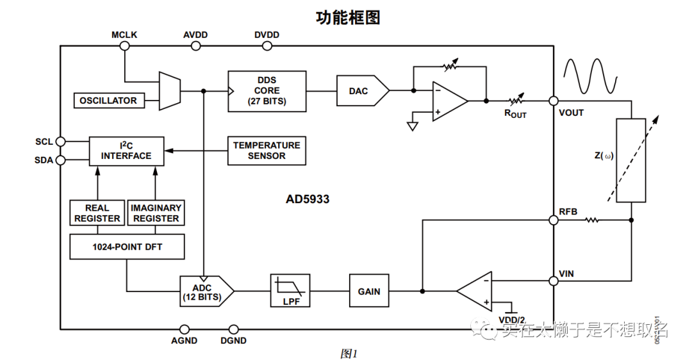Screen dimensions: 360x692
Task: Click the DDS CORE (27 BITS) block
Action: coord(267,91)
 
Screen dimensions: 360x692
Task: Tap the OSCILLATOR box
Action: coord(108,101)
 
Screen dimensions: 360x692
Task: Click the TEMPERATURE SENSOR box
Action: coord(267,151)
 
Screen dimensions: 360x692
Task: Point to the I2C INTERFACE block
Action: coord(126,151)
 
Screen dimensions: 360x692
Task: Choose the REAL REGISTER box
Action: coord(97,213)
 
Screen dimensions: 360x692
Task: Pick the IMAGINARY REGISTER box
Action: coord(156,213)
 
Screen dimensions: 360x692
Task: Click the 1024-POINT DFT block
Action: coord(126,247)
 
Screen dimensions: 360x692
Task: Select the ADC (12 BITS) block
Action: coord(203,291)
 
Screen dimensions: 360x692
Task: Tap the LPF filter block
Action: coord(290,291)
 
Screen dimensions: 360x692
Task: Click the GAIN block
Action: coord(368,291)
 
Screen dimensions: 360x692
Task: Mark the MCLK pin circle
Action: coord(124,46)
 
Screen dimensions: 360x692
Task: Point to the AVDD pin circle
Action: coord(195,46)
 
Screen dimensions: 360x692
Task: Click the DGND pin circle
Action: coord(233,329)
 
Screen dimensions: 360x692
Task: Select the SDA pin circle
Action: coord(61,160)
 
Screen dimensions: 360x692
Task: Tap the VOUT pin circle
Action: coord(553,101)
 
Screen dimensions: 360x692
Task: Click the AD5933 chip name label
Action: coord(308,199)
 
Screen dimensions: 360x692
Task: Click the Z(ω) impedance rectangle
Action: coord(630,160)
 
